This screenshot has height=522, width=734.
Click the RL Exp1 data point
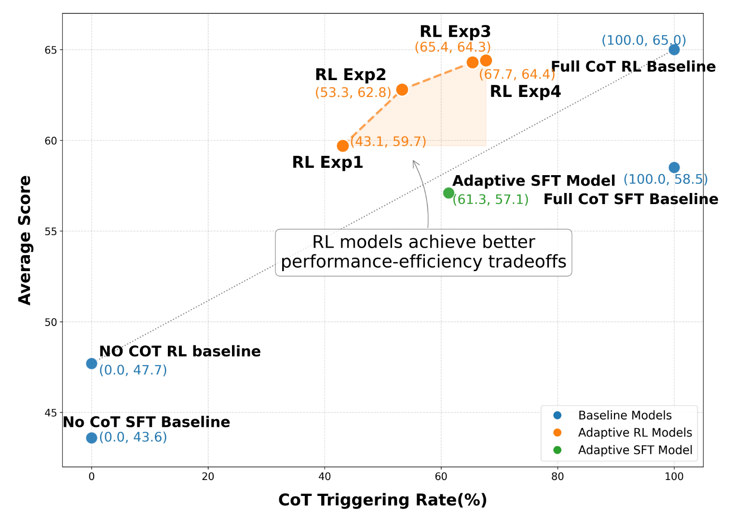pyautogui.click(x=343, y=146)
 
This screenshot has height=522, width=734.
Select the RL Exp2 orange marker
pyautogui.click(x=402, y=90)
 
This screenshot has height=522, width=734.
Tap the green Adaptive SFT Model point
pyautogui.click(x=449, y=193)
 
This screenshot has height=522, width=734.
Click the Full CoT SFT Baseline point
pyautogui.click(x=674, y=167)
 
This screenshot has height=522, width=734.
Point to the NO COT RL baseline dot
pyautogui.click(x=92, y=363)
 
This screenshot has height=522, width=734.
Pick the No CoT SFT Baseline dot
pyautogui.click(x=92, y=438)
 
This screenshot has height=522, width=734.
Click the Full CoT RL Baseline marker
pyautogui.click(x=674, y=50)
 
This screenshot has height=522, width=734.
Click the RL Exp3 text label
pyautogui.click(x=455, y=32)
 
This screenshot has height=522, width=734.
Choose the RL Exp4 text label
pyautogui.click(x=525, y=92)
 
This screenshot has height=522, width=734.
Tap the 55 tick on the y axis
pyautogui.click(x=51, y=232)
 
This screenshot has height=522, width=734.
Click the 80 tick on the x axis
pyautogui.click(x=557, y=477)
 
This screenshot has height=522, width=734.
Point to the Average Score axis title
pyautogui.click(x=25, y=240)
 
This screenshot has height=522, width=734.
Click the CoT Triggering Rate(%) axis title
pyautogui.click(x=382, y=500)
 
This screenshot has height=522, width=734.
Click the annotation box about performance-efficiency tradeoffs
pyautogui.click(x=423, y=252)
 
